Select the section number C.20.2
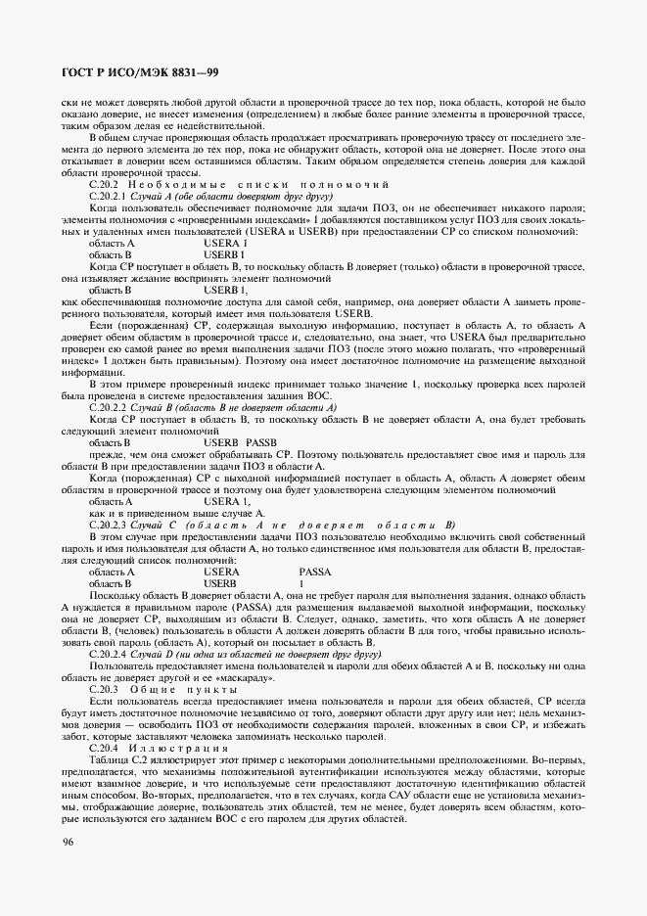pyautogui.click(x=104, y=184)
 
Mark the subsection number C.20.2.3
pyautogui.click(x=108, y=525)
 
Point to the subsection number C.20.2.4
pyautogui.click(x=108, y=652)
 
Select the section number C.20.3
pyautogui.click(x=104, y=689)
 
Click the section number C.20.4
pyautogui.click(x=104, y=747)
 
